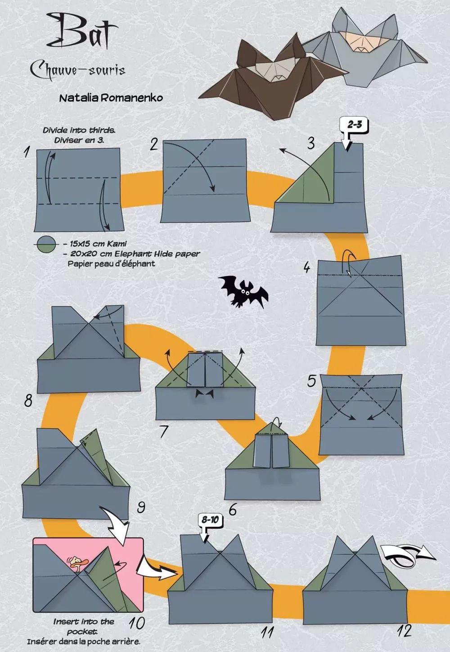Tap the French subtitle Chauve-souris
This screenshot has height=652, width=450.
[78, 70]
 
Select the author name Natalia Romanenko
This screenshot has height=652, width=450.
[111, 98]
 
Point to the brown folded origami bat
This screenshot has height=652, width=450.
[272, 79]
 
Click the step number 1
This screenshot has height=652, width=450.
[27, 152]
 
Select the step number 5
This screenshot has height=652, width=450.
[312, 381]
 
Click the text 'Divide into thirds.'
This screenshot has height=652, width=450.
[79, 130]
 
